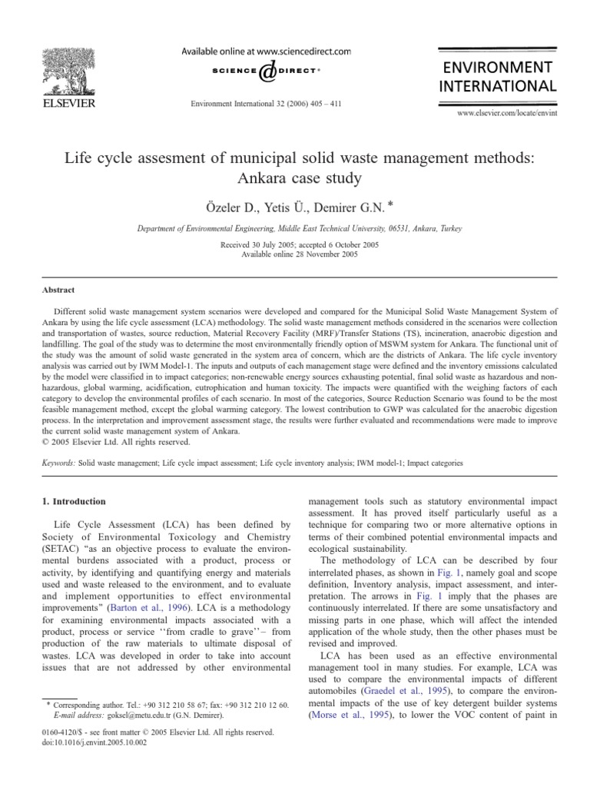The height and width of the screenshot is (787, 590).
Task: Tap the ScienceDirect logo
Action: point(265,71)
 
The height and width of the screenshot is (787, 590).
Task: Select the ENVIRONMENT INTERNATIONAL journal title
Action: point(496,75)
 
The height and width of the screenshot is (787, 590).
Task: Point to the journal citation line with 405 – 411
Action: point(265,102)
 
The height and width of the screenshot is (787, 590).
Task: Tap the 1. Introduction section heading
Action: point(71,501)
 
